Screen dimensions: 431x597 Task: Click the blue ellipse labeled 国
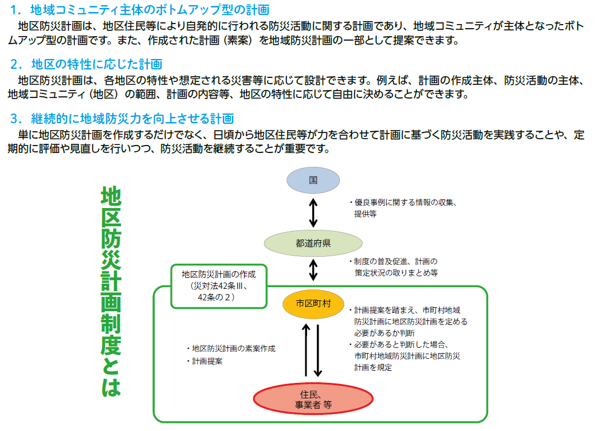(313, 179)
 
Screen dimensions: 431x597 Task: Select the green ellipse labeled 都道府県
(313, 243)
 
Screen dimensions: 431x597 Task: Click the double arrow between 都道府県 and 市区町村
(313, 270)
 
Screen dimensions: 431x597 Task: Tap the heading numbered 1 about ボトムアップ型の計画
(140, 10)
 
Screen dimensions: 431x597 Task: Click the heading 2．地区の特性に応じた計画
(86, 64)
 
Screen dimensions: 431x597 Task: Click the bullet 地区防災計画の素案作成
(230, 348)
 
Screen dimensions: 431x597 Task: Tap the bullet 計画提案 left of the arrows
(205, 362)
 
